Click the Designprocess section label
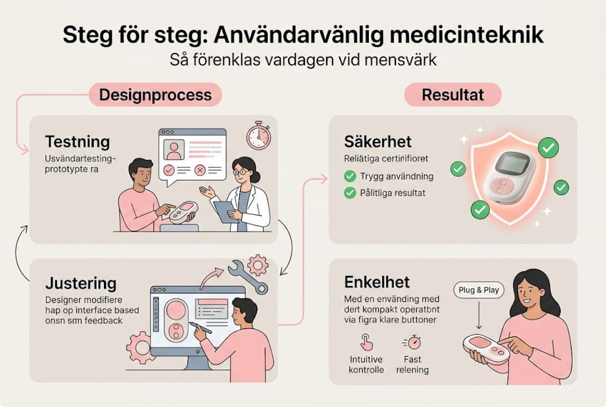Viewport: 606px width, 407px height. pyautogui.click(x=155, y=94)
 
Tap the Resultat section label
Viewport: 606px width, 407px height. pyautogui.click(x=453, y=94)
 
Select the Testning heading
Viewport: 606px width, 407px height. pyautogui.click(x=77, y=141)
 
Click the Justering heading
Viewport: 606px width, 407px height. pyautogui.click(x=81, y=283)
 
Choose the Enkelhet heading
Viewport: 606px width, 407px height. pyautogui.click(x=377, y=282)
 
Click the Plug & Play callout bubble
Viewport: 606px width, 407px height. pyautogui.click(x=478, y=290)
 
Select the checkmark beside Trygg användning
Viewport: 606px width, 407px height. pyautogui.click(x=350, y=176)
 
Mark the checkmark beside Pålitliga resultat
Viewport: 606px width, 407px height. pyautogui.click(x=350, y=193)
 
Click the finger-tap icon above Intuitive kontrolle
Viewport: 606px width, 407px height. pyautogui.click(x=366, y=343)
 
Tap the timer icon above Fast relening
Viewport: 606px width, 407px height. pyautogui.click(x=412, y=343)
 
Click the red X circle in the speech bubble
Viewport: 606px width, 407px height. pyautogui.click(x=199, y=170)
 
